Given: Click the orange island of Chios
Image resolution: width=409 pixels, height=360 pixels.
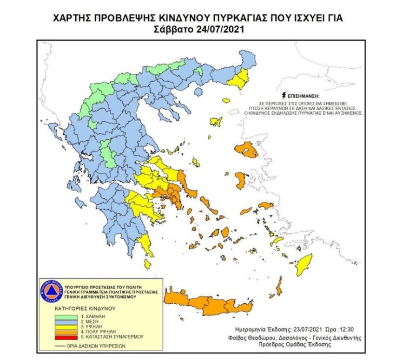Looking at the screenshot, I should pyautogui.click(x=241, y=180).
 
